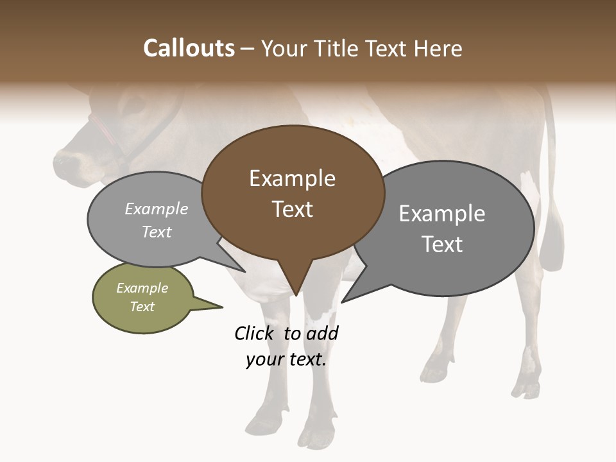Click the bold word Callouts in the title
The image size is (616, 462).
[x=189, y=49]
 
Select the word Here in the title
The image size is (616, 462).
[x=438, y=49]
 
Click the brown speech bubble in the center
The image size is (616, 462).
[x=293, y=193]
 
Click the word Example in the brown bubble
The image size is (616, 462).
[x=292, y=178]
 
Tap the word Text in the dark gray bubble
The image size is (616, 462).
[x=442, y=244]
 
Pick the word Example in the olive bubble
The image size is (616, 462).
[x=142, y=288]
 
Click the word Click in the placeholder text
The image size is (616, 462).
[x=256, y=333]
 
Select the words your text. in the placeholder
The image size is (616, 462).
[x=286, y=359]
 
